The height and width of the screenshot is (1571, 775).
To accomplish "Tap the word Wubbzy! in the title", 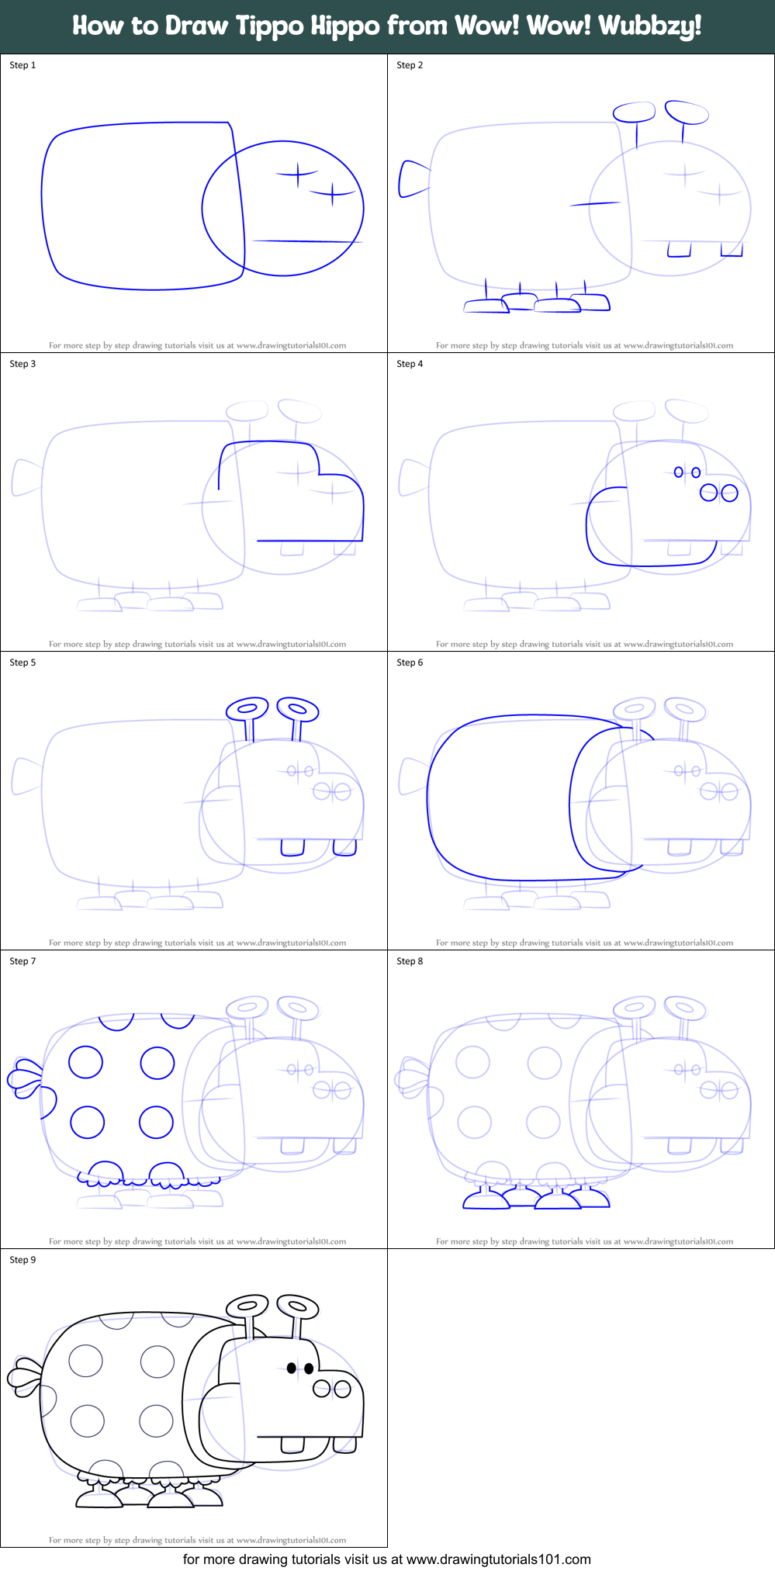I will [650, 26].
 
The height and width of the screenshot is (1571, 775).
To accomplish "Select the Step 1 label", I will [22, 65].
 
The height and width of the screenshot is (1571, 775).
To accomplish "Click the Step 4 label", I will [410, 364].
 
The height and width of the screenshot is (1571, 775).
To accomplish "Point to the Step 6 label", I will [410, 663].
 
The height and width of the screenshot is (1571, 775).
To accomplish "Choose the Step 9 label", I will [22, 1260].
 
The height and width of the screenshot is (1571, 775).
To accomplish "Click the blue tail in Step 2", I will [412, 179].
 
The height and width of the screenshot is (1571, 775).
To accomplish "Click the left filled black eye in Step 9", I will [292, 1368].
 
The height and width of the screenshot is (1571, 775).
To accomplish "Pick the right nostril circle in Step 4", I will [729, 493].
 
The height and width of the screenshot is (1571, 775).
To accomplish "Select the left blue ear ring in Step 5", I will [247, 708].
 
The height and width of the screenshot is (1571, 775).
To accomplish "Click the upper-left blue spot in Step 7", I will [85, 1062].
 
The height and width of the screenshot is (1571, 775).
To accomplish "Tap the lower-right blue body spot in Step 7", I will [156, 1122].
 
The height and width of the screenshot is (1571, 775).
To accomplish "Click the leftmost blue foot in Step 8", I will [485, 1200].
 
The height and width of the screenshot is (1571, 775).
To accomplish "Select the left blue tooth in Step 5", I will [292, 847].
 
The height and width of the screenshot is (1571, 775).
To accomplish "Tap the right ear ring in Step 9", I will [298, 1306].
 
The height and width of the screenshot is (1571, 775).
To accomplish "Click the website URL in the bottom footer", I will [498, 1559].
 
